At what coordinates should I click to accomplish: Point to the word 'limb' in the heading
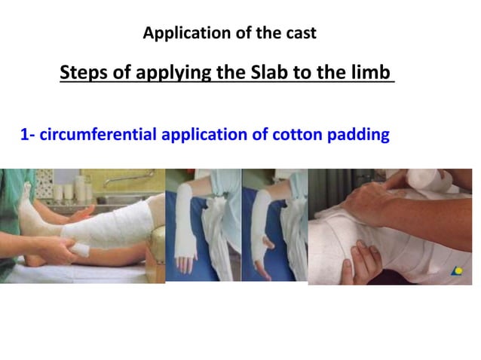[373, 73]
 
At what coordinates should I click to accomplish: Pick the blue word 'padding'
[360, 136]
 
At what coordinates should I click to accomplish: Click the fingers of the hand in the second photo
[185, 261]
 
